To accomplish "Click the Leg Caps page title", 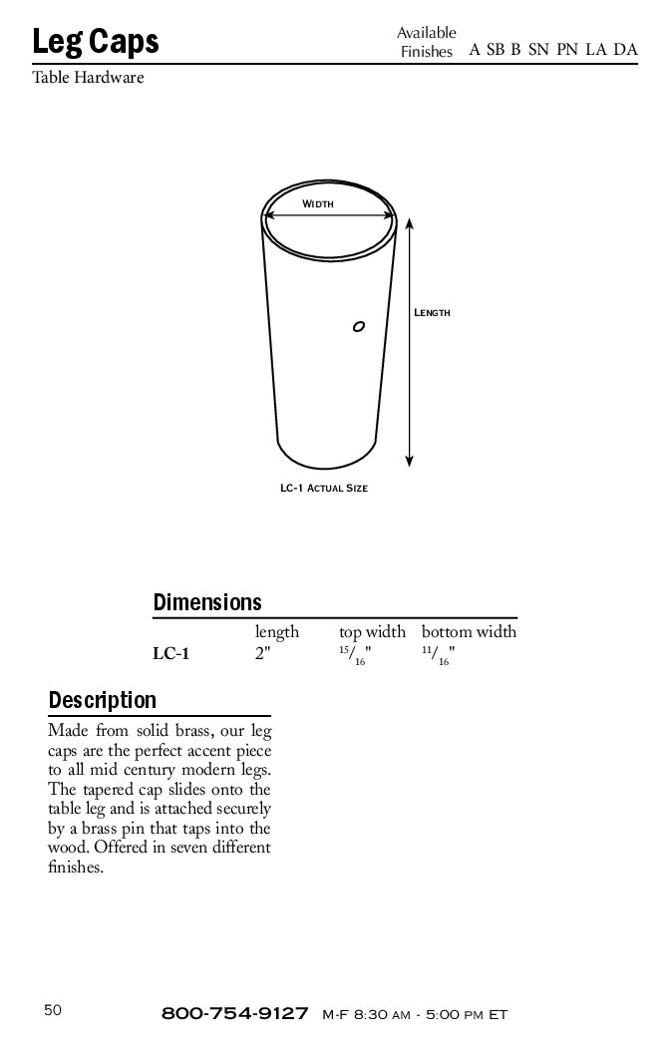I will tap(96, 42).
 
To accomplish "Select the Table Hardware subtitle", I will tap(88, 78).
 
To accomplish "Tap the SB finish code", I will tap(496, 50).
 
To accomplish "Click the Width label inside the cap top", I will tap(317, 203).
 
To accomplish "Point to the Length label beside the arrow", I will tap(432, 313).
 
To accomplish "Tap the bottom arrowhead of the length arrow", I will tap(410, 460).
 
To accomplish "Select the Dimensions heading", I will tap(207, 602).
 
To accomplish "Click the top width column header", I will tap(372, 632).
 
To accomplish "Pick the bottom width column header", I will tap(469, 632).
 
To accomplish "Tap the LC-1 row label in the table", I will tap(170, 655).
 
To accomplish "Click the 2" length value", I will tap(263, 655).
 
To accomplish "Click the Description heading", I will tap(103, 700).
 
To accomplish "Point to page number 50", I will tap(53, 1010).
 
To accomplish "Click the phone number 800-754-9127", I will tap(234, 1014).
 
